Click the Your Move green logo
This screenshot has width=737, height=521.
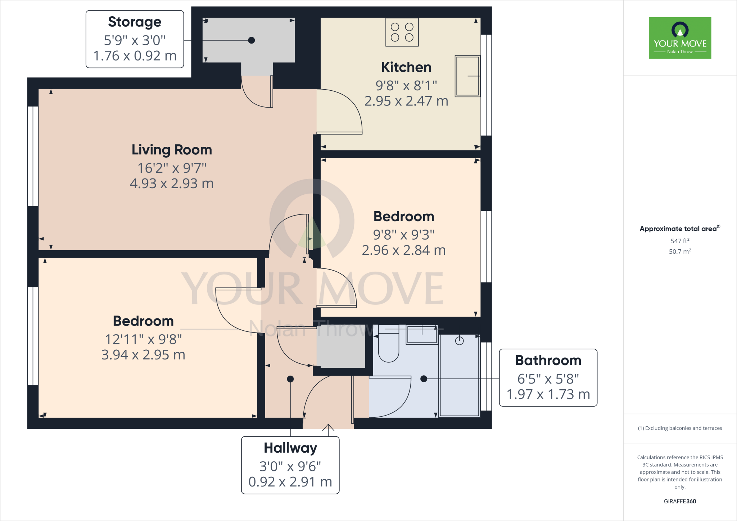point(680,38)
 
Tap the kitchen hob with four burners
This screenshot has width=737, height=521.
point(402,32)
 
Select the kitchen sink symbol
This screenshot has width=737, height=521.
point(467,76)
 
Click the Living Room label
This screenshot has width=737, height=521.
point(172,150)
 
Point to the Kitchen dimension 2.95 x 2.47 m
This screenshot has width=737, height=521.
point(406,101)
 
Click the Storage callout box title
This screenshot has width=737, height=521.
point(135,22)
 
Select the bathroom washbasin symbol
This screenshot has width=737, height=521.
point(422,335)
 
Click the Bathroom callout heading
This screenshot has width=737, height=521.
point(548,361)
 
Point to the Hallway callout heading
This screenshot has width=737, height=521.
point(290,448)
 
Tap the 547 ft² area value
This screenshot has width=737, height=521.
point(680,241)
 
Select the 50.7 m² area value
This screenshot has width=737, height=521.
point(680,252)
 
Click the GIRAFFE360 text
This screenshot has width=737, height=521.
point(680,501)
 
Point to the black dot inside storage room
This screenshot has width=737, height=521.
point(252,40)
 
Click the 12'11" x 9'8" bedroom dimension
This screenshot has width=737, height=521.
point(143,339)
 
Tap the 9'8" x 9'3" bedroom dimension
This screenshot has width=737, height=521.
point(404,235)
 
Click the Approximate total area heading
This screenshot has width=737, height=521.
point(678,229)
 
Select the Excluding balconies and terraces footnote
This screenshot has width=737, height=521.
point(680,428)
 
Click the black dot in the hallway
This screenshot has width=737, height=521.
point(290,379)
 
